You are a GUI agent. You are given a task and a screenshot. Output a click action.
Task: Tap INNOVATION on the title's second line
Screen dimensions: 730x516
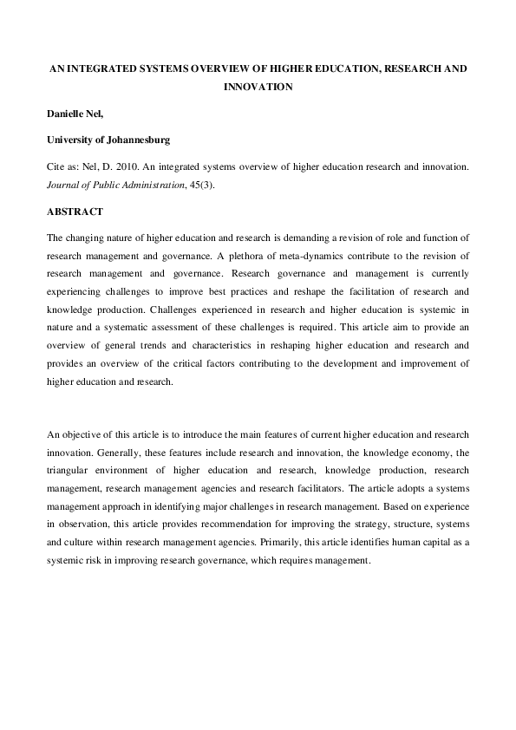pyautogui.click(x=258, y=87)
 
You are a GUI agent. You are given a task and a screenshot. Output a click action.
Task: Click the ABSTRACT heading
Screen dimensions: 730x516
pyautogui.click(x=75, y=212)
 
